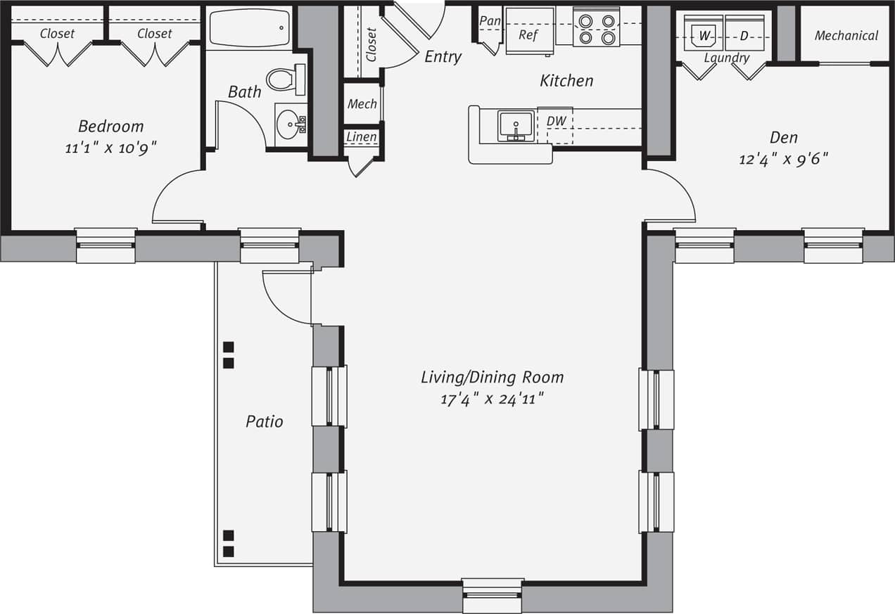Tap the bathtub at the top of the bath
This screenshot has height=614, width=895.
(250, 28)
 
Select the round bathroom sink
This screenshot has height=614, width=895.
(289, 124)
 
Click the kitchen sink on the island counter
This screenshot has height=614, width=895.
(516, 126)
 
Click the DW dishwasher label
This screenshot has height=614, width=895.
(556, 122)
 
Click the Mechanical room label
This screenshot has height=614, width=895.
(846, 35)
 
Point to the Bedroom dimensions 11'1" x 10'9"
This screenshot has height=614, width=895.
(110, 148)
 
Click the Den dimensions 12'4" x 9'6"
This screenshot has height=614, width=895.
(783, 159)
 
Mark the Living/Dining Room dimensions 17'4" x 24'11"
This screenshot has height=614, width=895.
(492, 399)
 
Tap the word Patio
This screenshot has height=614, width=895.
(265, 421)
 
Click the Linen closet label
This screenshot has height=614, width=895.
(362, 136)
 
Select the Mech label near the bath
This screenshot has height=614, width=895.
(362, 104)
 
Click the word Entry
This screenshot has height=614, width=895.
(443, 57)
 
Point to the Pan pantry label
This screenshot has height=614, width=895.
(490, 21)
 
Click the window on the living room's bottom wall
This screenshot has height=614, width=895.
(493, 595)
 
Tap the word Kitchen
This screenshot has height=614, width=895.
(566, 81)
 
